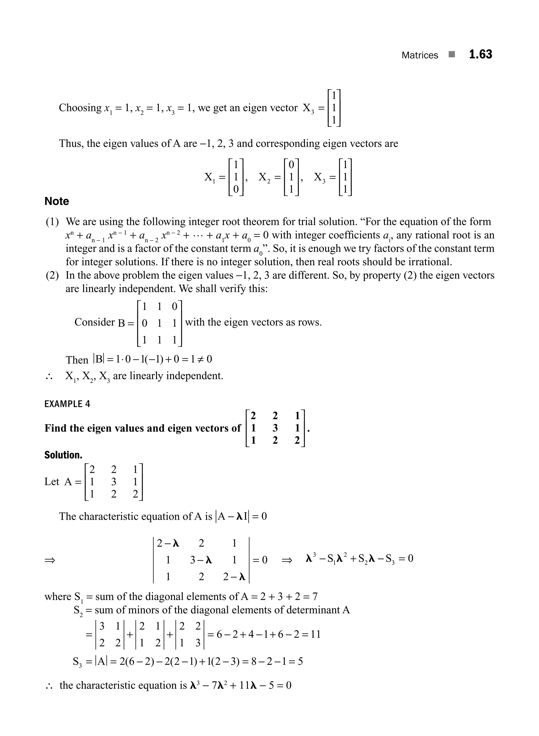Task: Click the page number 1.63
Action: tap(480, 54)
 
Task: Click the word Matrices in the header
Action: tap(420, 55)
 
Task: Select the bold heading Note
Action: tap(57, 201)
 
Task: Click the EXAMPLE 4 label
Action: tap(67, 404)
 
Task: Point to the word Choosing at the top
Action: tap(80, 108)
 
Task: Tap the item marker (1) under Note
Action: tap(52, 222)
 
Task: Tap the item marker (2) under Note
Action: tap(52, 275)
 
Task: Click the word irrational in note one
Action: tap(421, 262)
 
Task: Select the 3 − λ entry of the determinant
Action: tap(201, 560)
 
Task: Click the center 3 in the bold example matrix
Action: tap(275, 428)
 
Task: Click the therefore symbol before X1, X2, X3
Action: tap(49, 377)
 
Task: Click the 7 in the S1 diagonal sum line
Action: tap(315, 597)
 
